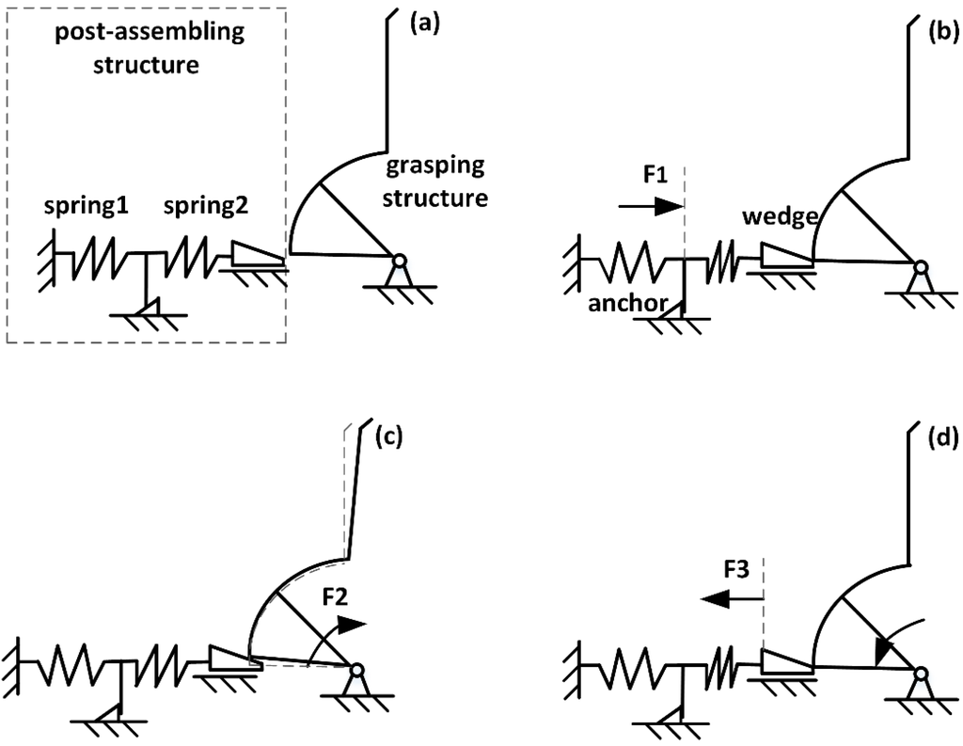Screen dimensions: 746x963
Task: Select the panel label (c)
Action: [388, 437]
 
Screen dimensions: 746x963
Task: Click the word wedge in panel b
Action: [775, 216]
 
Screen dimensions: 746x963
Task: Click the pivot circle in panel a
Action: [400, 262]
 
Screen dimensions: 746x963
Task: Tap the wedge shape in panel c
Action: [229, 657]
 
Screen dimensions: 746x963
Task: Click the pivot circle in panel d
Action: [920, 674]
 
